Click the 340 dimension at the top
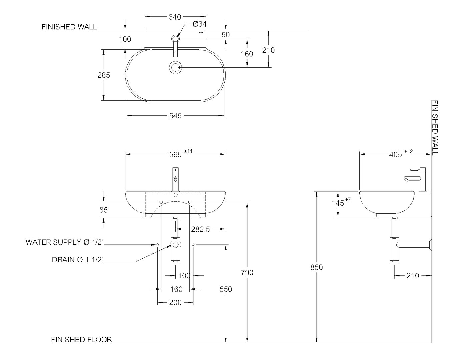click(x=175, y=17)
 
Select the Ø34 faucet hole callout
click(x=199, y=24)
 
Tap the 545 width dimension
click(x=175, y=116)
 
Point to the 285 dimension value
click(x=104, y=75)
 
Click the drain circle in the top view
click(x=175, y=67)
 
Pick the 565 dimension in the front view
click(x=175, y=155)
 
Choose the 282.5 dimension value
click(x=200, y=229)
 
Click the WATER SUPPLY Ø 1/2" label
click(x=65, y=242)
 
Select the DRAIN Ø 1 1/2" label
click(x=78, y=260)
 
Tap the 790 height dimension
click(x=247, y=273)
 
